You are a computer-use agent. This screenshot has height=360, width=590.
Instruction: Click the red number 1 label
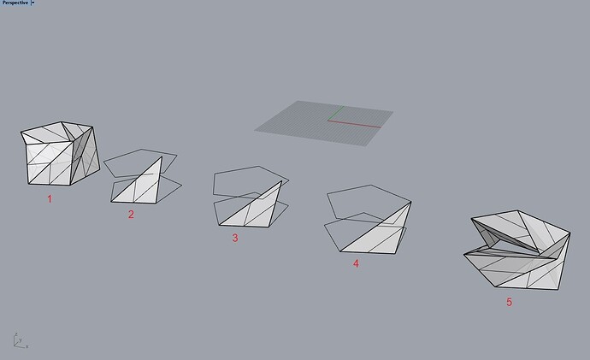click(x=50, y=199)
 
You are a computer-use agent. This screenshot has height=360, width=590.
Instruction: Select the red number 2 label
click(x=131, y=215)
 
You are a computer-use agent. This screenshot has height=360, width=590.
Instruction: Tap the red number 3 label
click(x=235, y=238)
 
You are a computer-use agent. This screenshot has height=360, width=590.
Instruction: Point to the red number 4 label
click(x=356, y=263)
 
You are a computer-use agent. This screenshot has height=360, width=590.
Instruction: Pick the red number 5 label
click(x=509, y=302)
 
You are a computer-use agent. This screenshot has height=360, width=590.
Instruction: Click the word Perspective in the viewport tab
click(x=15, y=3)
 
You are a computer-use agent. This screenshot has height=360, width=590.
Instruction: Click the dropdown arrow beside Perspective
click(x=32, y=3)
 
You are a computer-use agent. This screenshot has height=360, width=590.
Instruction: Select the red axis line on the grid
click(x=354, y=124)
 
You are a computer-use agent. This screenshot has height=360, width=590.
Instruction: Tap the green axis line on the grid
click(x=336, y=113)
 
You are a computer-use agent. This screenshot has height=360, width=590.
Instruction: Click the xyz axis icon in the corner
click(x=21, y=340)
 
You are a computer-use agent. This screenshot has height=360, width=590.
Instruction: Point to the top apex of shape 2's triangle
click(x=162, y=156)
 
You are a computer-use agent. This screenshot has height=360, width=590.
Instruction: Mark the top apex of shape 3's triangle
click(x=281, y=181)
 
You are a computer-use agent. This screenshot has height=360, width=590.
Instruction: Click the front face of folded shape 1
click(x=50, y=162)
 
